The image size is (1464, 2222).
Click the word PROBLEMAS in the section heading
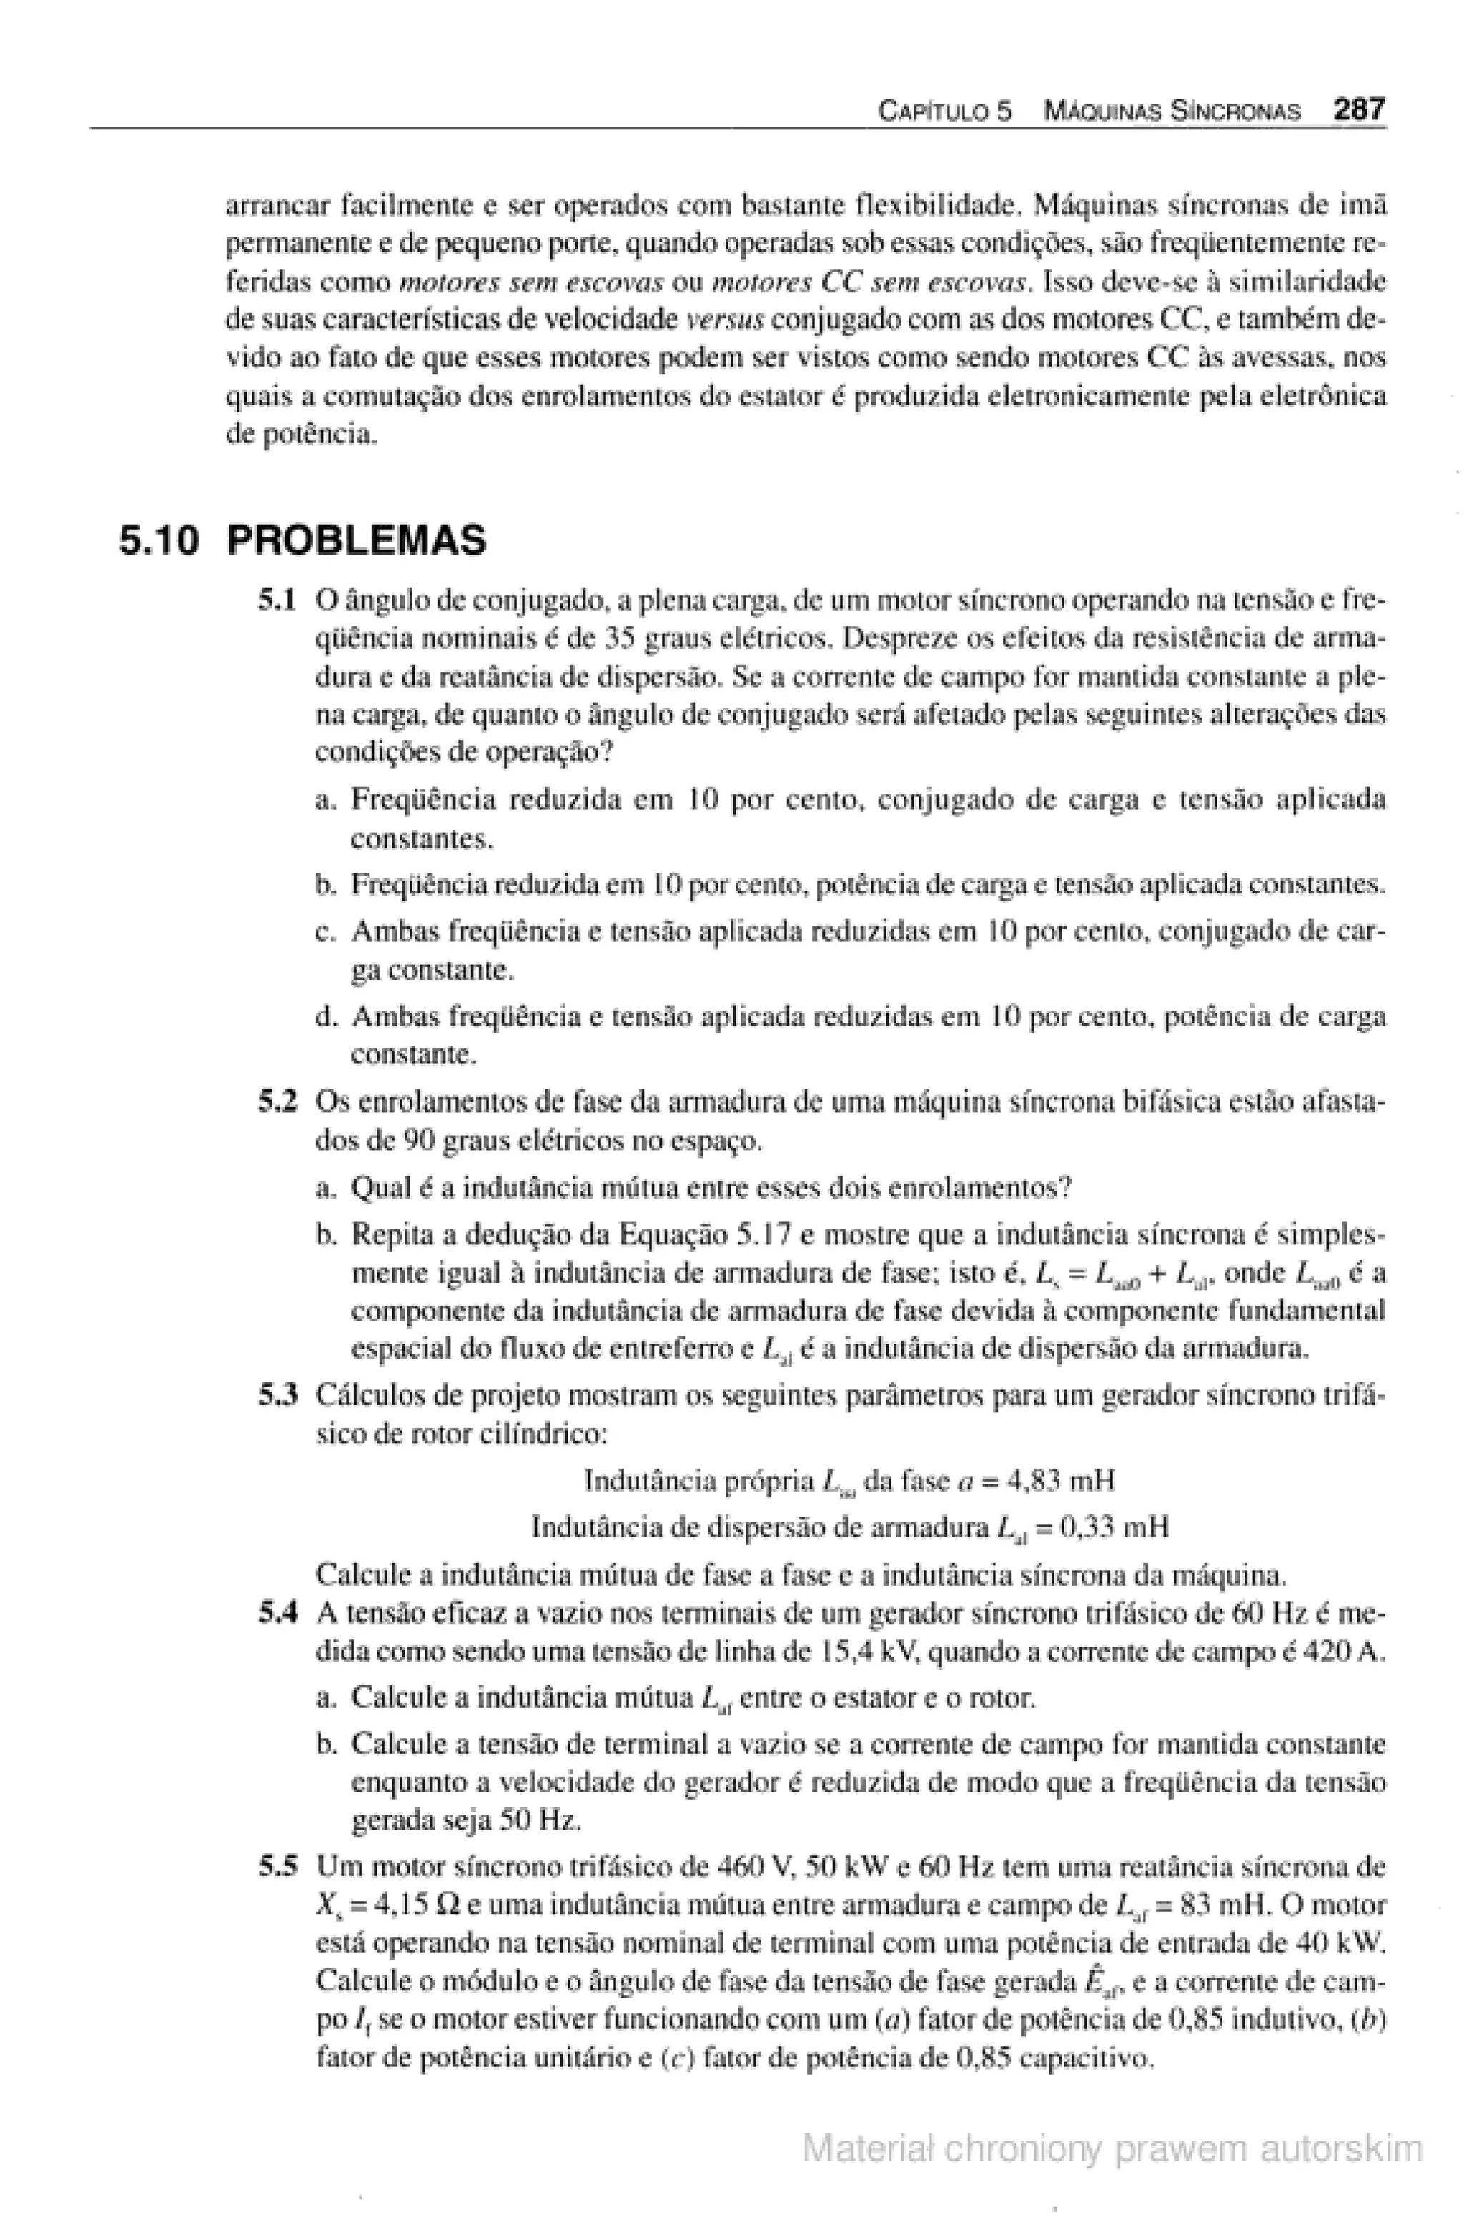point(357,540)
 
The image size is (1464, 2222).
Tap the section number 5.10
point(159,540)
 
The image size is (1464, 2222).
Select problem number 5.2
point(277,1103)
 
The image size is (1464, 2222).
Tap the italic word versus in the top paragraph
point(725,321)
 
